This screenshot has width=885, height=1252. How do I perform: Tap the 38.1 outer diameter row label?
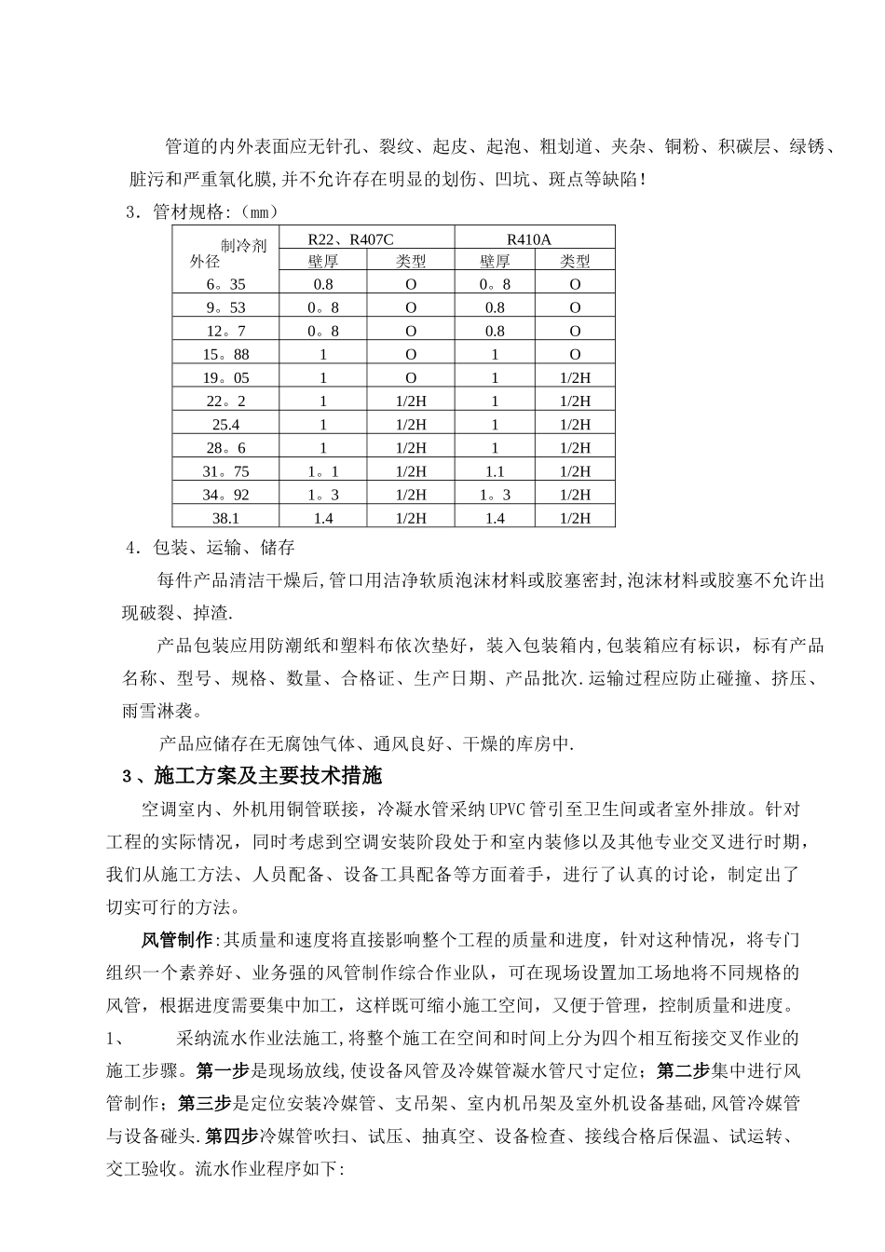[225, 518]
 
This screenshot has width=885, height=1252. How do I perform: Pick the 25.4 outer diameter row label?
[225, 424]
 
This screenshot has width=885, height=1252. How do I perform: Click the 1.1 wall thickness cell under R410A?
[495, 471]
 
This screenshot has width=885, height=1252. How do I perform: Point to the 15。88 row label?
[225, 354]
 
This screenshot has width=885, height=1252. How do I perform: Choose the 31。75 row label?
[225, 471]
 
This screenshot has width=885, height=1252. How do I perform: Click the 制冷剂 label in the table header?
[243, 245]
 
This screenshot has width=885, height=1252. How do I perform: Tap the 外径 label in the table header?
[205, 262]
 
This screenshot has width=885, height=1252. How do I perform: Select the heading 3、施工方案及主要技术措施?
[252, 776]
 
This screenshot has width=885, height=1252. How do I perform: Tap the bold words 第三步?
[204, 1103]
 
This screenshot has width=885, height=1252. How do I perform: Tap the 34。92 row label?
[225, 495]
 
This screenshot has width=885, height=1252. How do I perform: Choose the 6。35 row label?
[225, 284]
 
